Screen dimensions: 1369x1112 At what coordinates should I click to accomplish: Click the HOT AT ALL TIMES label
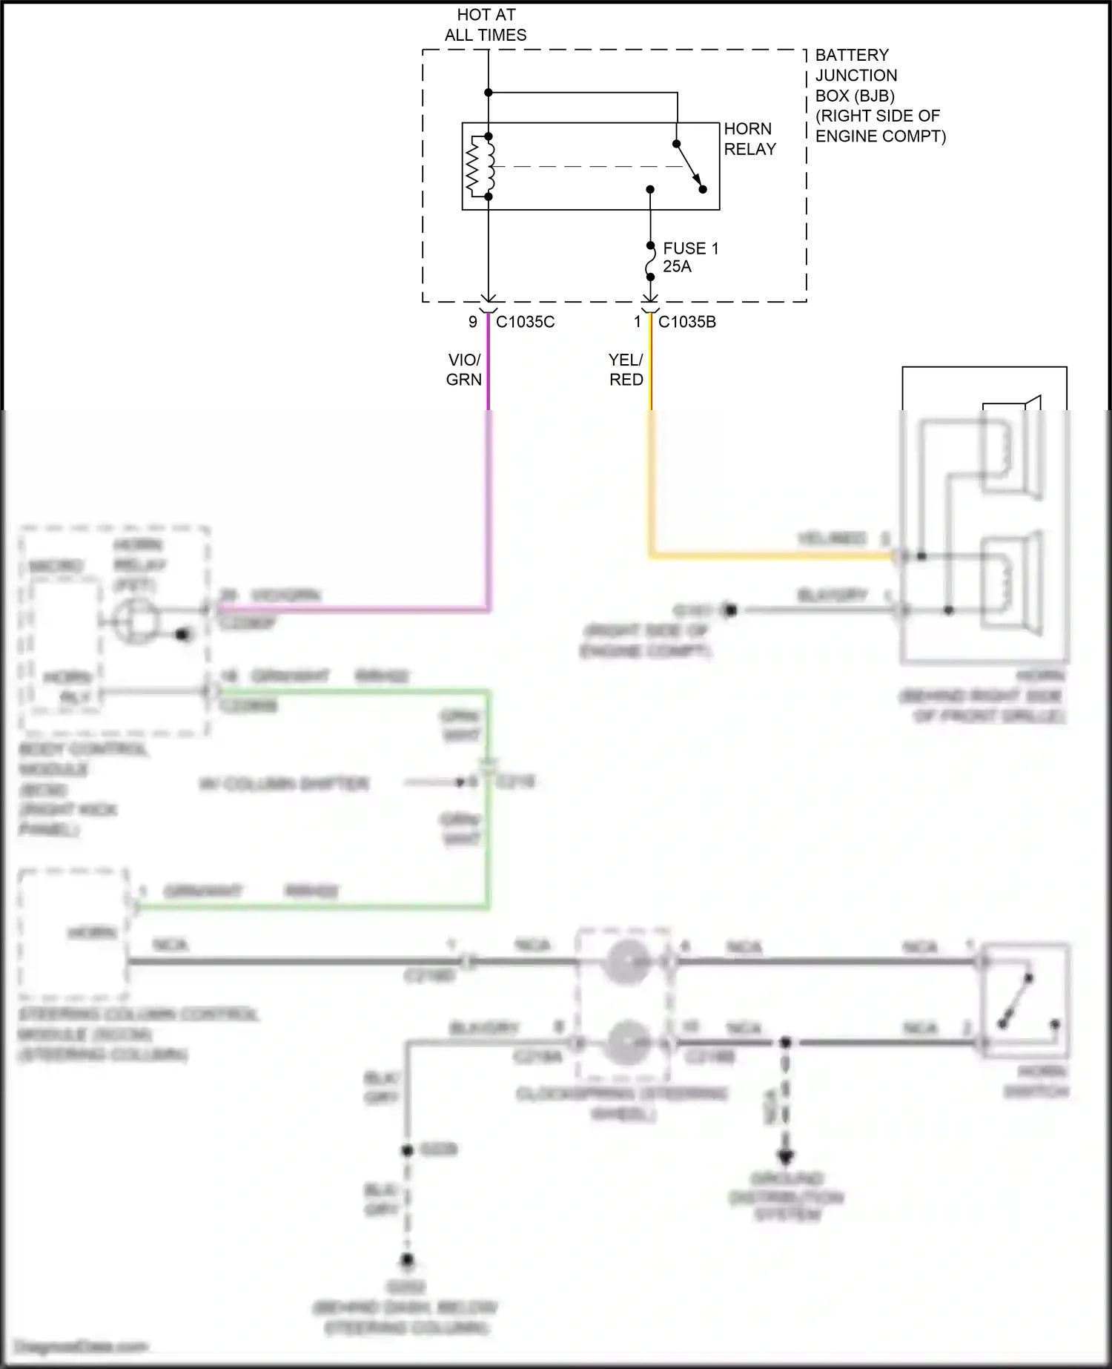[x=486, y=25]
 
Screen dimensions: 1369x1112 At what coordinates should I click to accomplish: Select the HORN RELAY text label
[x=749, y=139]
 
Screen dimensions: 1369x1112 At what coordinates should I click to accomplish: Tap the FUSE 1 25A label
[x=690, y=257]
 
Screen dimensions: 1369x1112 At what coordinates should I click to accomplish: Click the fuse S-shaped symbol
[x=650, y=261]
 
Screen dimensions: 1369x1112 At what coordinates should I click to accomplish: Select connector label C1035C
[x=525, y=322]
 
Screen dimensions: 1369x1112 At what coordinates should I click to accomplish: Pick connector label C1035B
[x=686, y=322]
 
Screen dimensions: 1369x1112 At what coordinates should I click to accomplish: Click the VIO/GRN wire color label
[x=464, y=369]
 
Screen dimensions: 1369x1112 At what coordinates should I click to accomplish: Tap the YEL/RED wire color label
[x=626, y=369]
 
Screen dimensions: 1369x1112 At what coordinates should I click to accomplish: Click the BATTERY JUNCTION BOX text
[x=879, y=96]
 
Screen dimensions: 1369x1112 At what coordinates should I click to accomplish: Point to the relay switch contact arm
[x=689, y=166]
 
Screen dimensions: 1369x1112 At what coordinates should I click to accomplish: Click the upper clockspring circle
[x=626, y=962]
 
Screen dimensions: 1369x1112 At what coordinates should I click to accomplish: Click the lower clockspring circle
[x=626, y=1043]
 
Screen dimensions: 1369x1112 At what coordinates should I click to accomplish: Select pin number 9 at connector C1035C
[x=472, y=322]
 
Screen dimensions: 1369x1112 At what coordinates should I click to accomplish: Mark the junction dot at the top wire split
[x=489, y=93]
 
